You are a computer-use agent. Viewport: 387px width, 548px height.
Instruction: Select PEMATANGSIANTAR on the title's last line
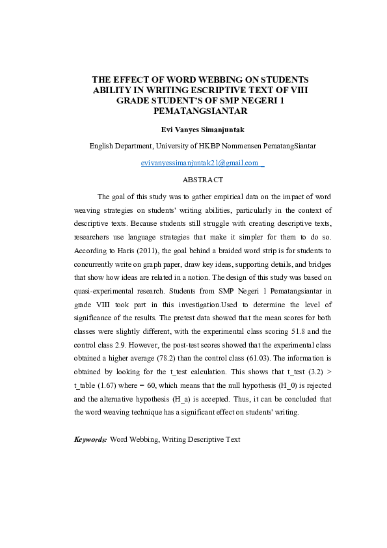click(193, 111)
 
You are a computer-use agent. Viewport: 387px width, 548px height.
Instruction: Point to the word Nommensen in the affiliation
click(235, 146)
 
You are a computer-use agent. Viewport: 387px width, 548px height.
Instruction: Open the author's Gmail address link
click(200, 163)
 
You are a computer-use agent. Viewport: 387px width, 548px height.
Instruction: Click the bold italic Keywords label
click(90, 440)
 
